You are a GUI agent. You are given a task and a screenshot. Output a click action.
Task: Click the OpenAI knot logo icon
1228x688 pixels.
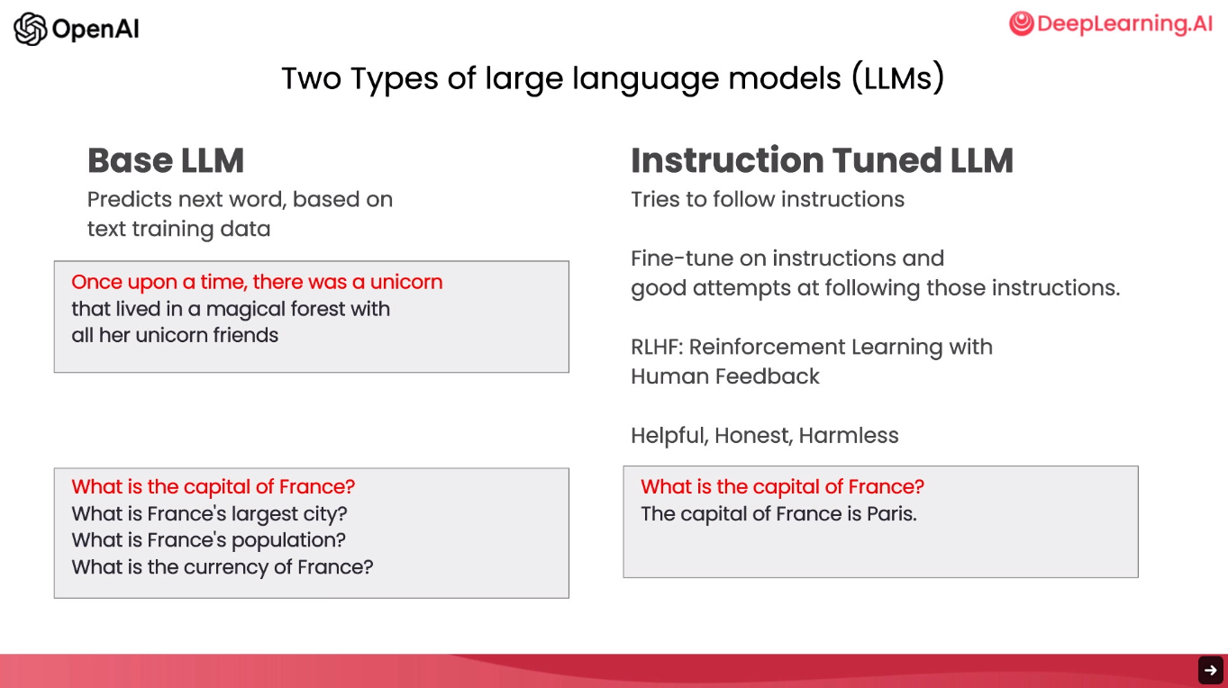point(31,29)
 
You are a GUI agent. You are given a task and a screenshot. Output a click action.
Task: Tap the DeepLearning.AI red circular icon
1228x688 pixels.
point(1022,23)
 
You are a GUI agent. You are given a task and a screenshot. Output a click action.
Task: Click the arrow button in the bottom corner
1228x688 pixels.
point(1211,670)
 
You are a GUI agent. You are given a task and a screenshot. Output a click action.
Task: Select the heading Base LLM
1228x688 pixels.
point(166,160)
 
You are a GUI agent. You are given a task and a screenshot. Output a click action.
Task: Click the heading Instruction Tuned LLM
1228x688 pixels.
point(822,160)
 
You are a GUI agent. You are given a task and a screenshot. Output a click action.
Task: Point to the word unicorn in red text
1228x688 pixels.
point(406,282)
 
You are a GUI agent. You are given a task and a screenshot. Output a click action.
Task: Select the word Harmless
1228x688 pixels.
point(849,436)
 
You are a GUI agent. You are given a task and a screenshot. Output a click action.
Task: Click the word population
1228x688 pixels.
point(288,540)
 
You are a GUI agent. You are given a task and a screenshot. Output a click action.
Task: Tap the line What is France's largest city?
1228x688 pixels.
point(209,514)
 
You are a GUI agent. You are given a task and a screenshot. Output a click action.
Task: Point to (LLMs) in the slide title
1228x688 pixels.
point(898,78)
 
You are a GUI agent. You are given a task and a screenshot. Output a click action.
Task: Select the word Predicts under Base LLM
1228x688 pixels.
point(130,199)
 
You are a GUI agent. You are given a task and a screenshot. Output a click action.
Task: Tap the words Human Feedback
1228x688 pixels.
point(724,376)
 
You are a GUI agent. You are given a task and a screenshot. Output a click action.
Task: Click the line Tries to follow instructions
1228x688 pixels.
point(768,199)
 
